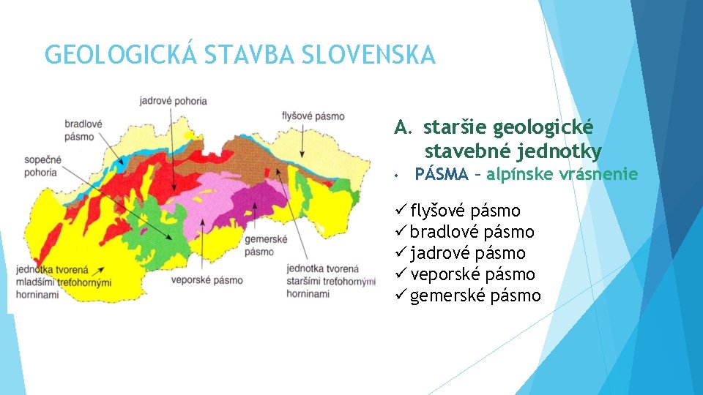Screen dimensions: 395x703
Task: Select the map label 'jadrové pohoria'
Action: coord(173,101)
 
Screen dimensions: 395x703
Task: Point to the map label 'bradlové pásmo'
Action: coord(83,130)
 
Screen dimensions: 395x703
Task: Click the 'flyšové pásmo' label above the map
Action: coord(313,116)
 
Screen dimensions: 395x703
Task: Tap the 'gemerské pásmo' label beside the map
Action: coord(265,245)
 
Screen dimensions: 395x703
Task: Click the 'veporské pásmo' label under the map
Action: coord(206,280)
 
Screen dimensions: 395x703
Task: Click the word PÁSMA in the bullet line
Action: coord(441,175)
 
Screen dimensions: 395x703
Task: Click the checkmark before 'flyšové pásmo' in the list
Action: coord(401,211)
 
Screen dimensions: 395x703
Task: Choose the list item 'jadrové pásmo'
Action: coord(467,254)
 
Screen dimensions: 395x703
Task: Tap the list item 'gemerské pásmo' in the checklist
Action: coord(475,296)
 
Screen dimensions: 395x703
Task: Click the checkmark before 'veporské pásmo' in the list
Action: coord(401,275)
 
